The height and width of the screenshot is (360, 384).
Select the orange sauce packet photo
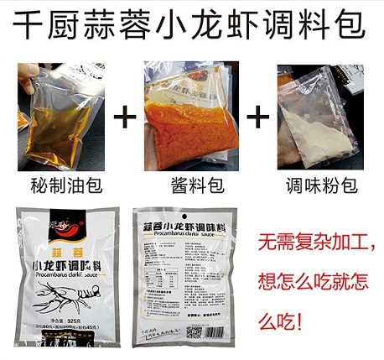pyautogui.click(x=189, y=112)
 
